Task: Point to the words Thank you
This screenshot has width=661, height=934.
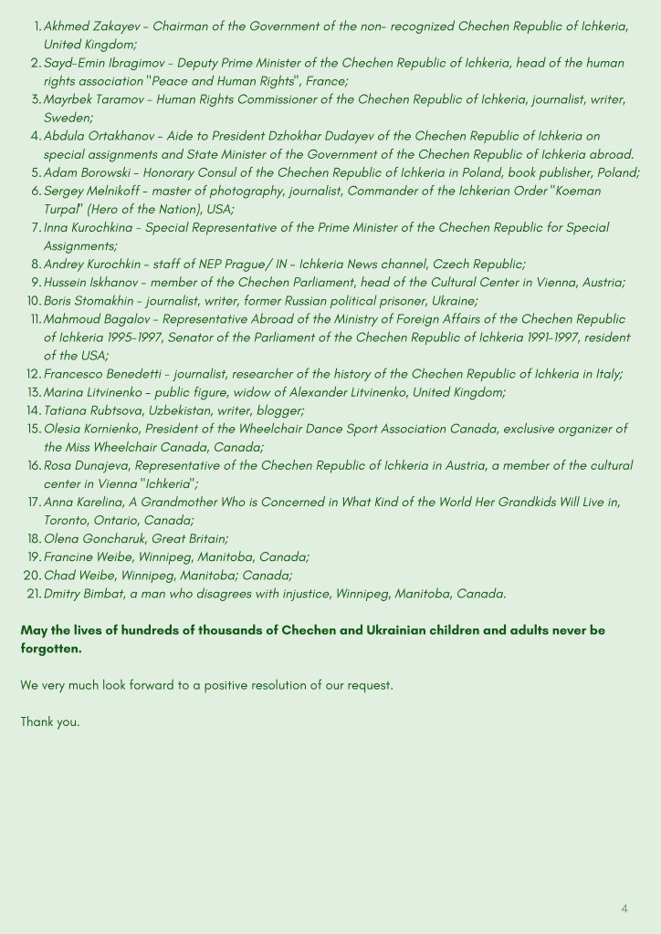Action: click(x=50, y=722)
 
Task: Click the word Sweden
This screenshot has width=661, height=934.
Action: click(x=66, y=118)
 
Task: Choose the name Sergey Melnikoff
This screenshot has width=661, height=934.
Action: click(x=95, y=191)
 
